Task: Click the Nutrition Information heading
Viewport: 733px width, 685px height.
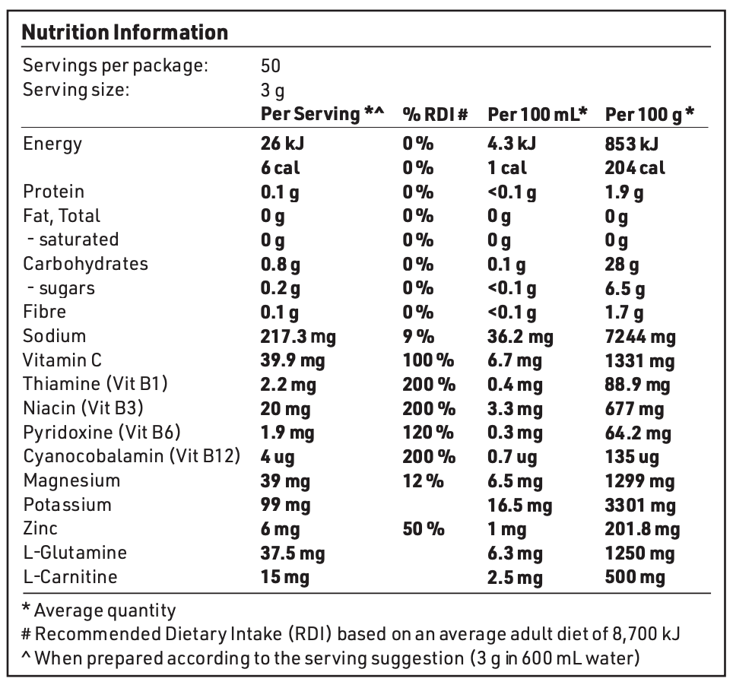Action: pos(125,33)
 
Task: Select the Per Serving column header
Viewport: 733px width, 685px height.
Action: pos(322,114)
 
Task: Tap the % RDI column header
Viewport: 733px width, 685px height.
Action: pos(435,114)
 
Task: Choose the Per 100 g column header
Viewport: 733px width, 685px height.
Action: pos(650,114)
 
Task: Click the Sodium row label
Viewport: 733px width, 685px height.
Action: pos(54,336)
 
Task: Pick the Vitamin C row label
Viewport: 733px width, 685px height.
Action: pos(62,360)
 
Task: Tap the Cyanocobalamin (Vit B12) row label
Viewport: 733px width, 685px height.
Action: pos(132,456)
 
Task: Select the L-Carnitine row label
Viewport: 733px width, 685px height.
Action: pos(70,576)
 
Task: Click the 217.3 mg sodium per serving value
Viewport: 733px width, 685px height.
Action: pos(298,337)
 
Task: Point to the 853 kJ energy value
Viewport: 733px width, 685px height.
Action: pos(632,144)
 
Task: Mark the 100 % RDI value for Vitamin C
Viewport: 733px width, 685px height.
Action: pos(429,360)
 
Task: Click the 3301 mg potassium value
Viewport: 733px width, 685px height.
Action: pos(640,505)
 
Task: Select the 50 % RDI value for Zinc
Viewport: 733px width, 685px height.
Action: pos(424,528)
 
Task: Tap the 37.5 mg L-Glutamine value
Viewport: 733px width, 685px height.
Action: pos(293,553)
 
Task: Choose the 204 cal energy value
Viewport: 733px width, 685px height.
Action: pos(635,168)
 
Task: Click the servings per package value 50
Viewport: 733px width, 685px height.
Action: pos(271,66)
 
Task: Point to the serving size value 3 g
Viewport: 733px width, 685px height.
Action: pos(272,90)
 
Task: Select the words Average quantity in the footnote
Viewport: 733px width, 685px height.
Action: pos(105,610)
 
